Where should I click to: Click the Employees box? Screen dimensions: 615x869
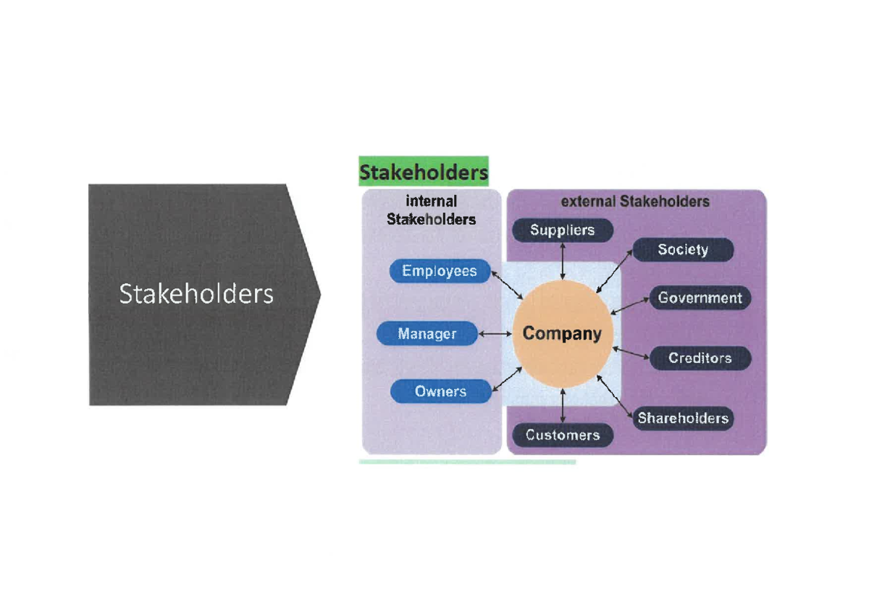(x=439, y=271)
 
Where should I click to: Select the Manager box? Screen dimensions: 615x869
(x=427, y=334)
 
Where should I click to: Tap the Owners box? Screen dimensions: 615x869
(x=440, y=392)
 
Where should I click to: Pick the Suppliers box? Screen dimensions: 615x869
(x=563, y=230)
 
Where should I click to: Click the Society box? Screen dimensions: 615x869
(x=683, y=250)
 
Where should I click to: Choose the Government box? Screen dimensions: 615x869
(x=700, y=298)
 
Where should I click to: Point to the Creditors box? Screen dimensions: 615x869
(x=700, y=358)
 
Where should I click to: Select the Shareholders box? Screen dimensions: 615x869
(x=682, y=418)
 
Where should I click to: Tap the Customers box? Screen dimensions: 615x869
(x=563, y=435)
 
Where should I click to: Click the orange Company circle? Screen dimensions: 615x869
(x=562, y=334)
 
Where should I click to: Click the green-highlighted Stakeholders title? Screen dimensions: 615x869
(x=424, y=173)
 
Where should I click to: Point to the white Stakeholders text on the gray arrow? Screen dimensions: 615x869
(x=196, y=294)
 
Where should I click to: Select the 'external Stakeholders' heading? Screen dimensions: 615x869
(x=635, y=201)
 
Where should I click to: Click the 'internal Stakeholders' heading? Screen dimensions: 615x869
(x=431, y=210)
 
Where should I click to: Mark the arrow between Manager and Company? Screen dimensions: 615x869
(x=496, y=334)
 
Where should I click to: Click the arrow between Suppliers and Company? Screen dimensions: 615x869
(x=563, y=261)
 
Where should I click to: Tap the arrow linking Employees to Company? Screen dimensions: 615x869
(x=507, y=285)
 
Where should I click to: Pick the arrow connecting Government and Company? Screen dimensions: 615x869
(x=630, y=306)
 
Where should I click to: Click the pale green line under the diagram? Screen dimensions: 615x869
(x=467, y=461)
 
